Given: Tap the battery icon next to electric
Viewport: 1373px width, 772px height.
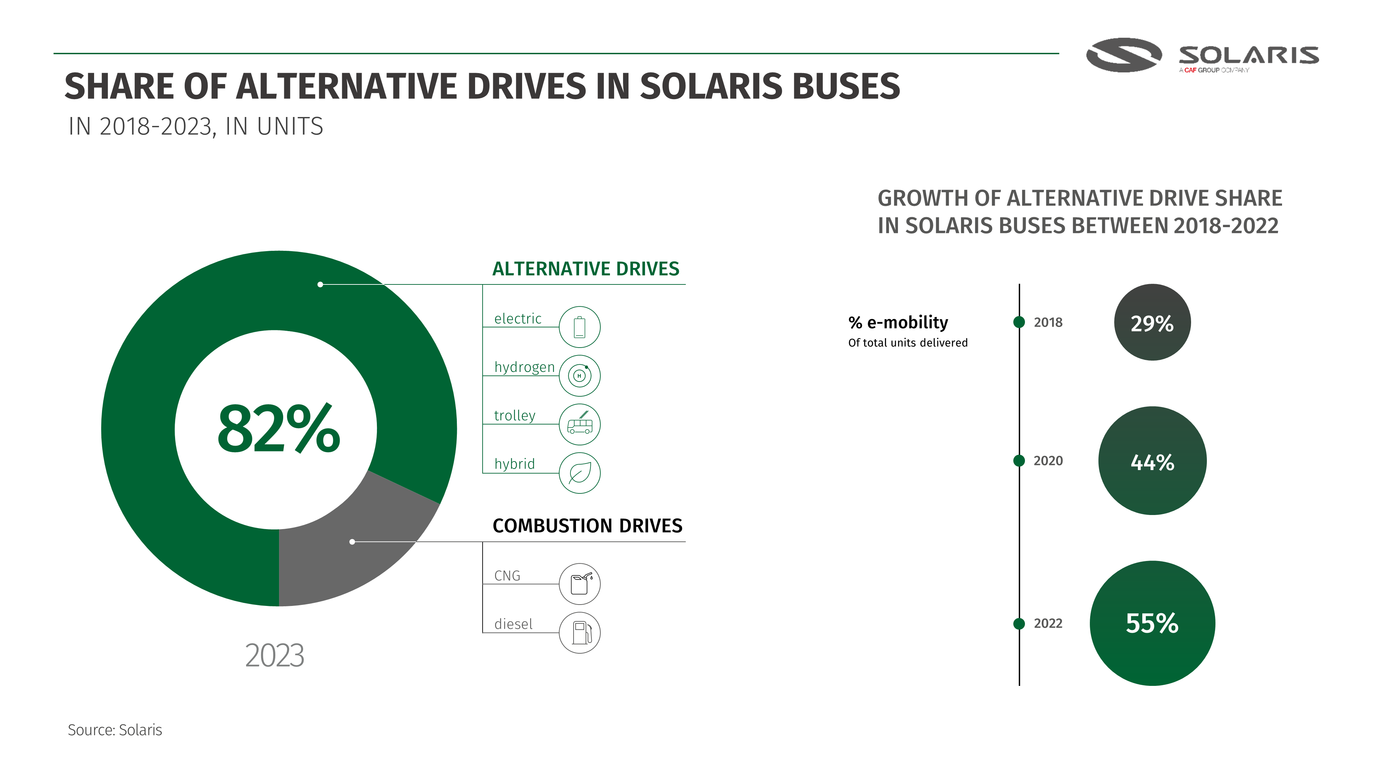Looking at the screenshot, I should click(x=579, y=327).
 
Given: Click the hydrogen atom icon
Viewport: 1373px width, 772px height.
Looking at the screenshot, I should click(x=579, y=376).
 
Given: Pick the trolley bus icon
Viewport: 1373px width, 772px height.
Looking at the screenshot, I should click(x=579, y=425).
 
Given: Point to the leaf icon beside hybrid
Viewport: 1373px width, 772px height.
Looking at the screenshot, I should click(x=579, y=473).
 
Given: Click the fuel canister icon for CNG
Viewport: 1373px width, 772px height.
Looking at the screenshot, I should click(x=579, y=584).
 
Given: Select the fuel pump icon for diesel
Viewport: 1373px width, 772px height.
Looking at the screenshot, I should click(x=579, y=632).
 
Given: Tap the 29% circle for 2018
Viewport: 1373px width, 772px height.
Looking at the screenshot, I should click(x=1152, y=322).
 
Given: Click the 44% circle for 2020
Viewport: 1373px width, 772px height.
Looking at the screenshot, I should click(x=1152, y=461).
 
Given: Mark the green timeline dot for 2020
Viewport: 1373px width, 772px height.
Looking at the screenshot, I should click(x=1018, y=461).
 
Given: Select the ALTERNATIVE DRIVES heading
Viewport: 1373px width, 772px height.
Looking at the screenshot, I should click(x=585, y=269).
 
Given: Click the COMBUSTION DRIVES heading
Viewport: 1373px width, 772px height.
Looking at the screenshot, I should click(x=587, y=526).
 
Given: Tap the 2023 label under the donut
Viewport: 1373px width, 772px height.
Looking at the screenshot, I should click(x=275, y=655).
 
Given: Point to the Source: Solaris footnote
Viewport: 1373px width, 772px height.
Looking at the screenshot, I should click(x=115, y=730).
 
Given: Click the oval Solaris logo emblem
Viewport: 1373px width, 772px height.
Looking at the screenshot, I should click(x=1123, y=55).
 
